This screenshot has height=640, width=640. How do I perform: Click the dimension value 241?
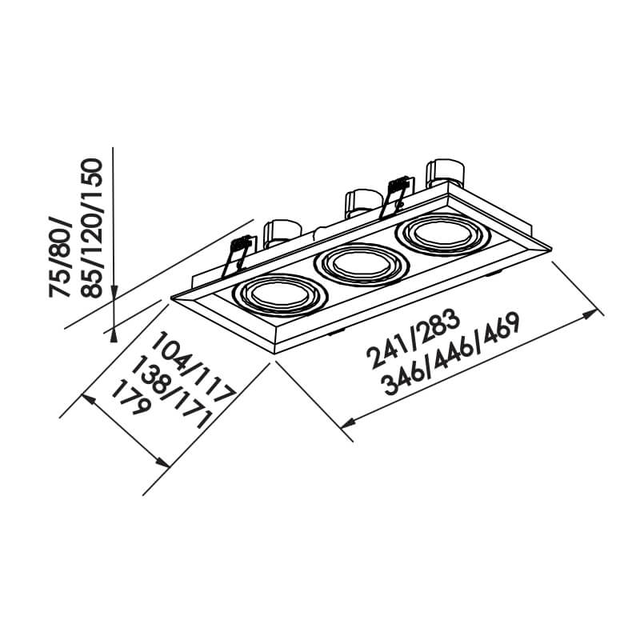pos(388,353)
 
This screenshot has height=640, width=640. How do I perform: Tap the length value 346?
pos(404,378)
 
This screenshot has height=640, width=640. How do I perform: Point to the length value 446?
pos(450,357)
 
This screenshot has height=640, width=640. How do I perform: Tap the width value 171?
pos(193,410)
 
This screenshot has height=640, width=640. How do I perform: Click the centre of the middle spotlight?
pos(362,265)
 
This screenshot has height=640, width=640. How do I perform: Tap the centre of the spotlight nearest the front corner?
pos(280,295)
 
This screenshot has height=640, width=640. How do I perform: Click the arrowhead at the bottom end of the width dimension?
pos(162,461)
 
